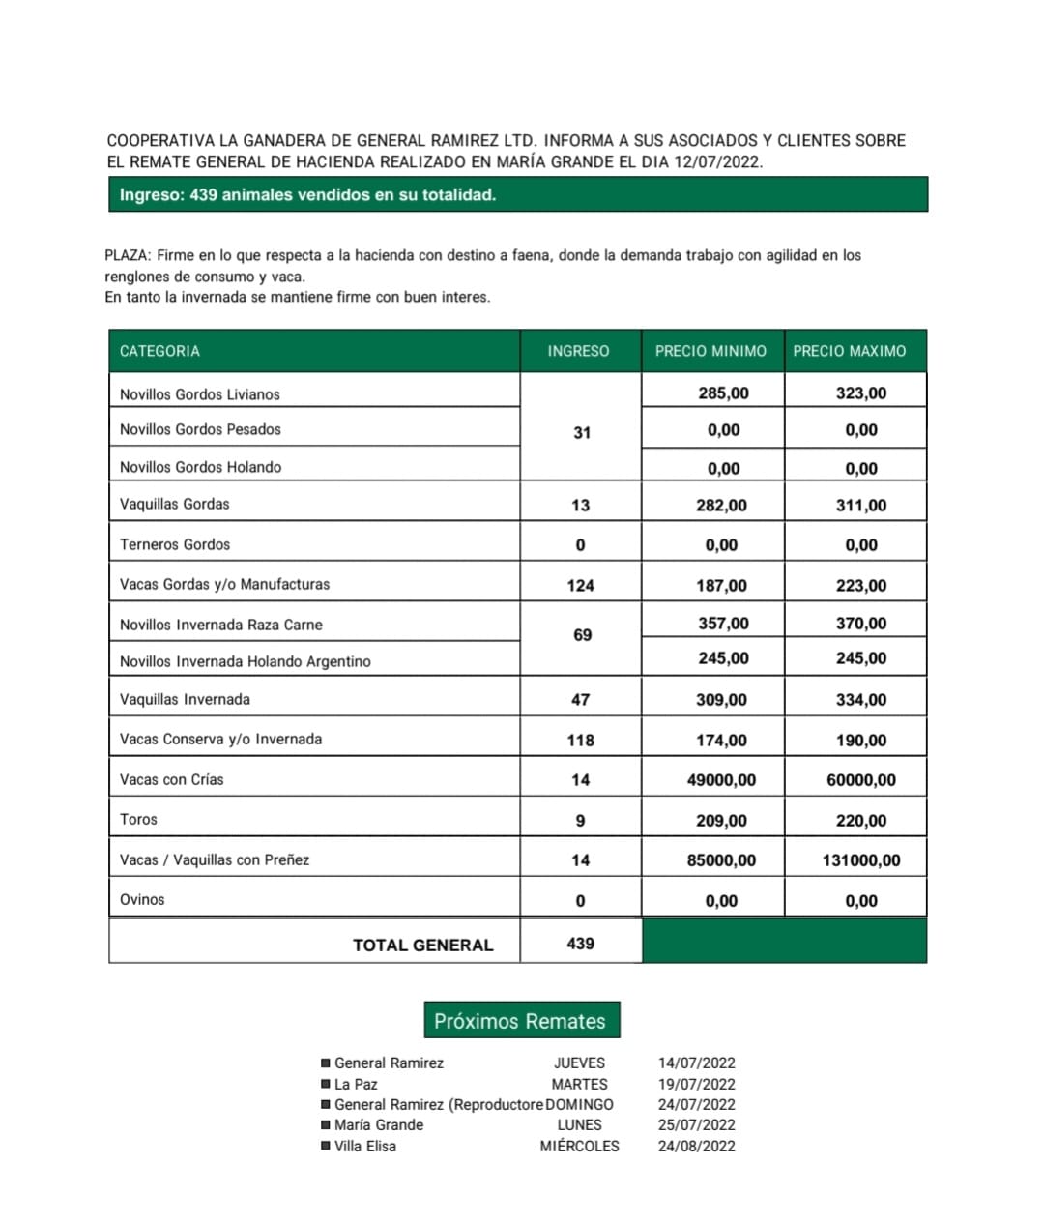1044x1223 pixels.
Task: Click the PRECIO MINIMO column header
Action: point(710,351)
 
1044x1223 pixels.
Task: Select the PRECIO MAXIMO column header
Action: point(849,351)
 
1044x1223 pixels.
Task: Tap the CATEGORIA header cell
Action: point(159,351)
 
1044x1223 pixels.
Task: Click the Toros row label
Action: point(138,819)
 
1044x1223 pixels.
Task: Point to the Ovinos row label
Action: point(142,899)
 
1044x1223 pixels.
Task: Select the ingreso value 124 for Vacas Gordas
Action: point(580,585)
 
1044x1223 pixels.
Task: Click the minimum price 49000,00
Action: point(721,779)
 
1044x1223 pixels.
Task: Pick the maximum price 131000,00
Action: point(860,859)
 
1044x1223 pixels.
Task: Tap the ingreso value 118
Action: point(580,740)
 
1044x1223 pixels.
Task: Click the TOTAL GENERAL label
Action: point(422,945)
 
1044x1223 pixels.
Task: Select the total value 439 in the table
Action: point(580,943)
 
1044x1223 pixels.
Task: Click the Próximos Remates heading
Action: point(520,1021)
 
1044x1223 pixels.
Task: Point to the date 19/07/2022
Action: point(696,1084)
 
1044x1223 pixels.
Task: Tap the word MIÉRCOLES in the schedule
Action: point(579,1146)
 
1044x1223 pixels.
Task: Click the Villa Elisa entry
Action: point(365,1146)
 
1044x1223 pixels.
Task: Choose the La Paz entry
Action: point(356,1084)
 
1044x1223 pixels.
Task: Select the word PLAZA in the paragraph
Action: point(127,255)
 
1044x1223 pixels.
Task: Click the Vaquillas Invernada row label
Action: point(185,699)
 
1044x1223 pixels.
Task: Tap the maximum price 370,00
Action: point(860,624)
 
